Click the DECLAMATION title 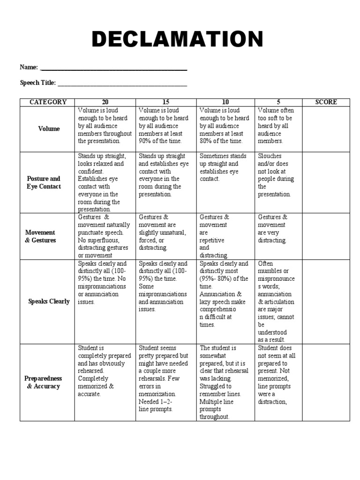[x=178, y=39]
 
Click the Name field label [x=29, y=67]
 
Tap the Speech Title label [x=37, y=83]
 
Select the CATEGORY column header [x=48, y=102]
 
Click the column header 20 [x=105, y=102]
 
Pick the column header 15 [x=166, y=102]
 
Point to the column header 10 [x=225, y=102]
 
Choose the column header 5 [x=278, y=102]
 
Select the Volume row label [x=49, y=129]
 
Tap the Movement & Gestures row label [x=40, y=236]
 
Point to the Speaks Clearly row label [x=49, y=301]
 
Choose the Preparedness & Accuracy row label [x=43, y=382]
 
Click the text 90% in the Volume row [x=146, y=141]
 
